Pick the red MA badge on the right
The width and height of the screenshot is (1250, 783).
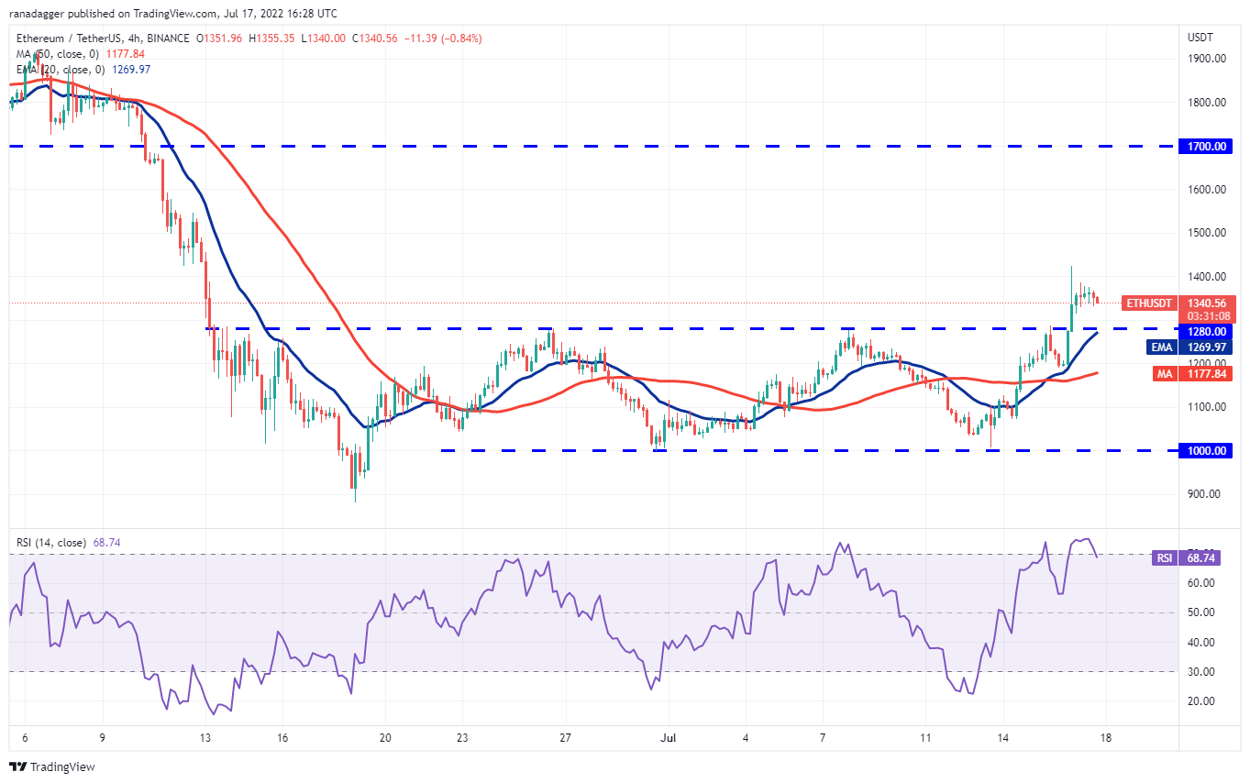pos(1161,373)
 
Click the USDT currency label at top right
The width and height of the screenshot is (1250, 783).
pos(1200,38)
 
